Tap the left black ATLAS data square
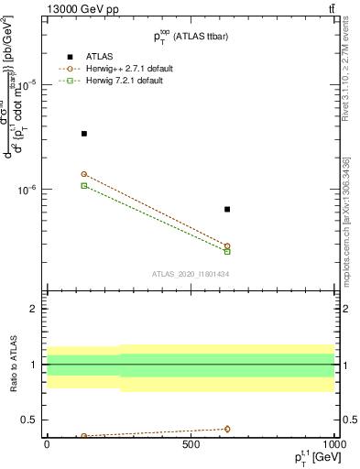tap(84, 134)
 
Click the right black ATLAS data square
tap(227, 210)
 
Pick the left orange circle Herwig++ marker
tap(84, 174)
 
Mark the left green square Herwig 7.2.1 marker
tap(84, 186)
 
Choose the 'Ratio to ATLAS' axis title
tap(12, 365)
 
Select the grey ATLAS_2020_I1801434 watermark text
tap(190, 274)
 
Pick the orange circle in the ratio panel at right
tap(227, 429)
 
